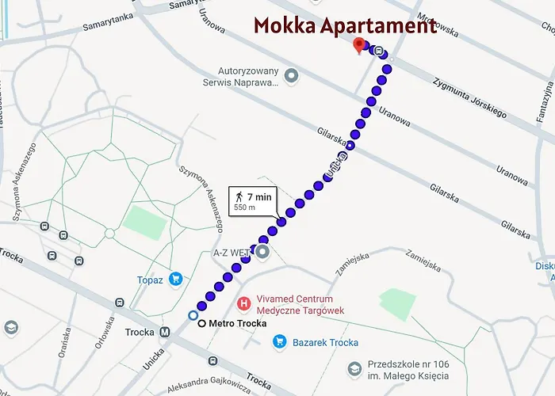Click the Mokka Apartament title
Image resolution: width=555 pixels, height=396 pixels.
345,25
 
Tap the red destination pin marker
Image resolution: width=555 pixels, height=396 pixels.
359,45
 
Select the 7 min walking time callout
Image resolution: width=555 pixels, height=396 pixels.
253,201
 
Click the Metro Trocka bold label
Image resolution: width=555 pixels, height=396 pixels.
237,323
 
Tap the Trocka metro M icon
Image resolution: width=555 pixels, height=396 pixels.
165,333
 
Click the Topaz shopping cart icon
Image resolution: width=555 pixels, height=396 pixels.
175,279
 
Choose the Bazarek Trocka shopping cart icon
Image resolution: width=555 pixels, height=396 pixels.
279,342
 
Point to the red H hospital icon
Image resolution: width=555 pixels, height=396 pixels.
245,303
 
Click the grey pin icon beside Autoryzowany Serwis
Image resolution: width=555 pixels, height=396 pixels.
292,75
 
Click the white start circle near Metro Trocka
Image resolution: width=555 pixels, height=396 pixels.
193,315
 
